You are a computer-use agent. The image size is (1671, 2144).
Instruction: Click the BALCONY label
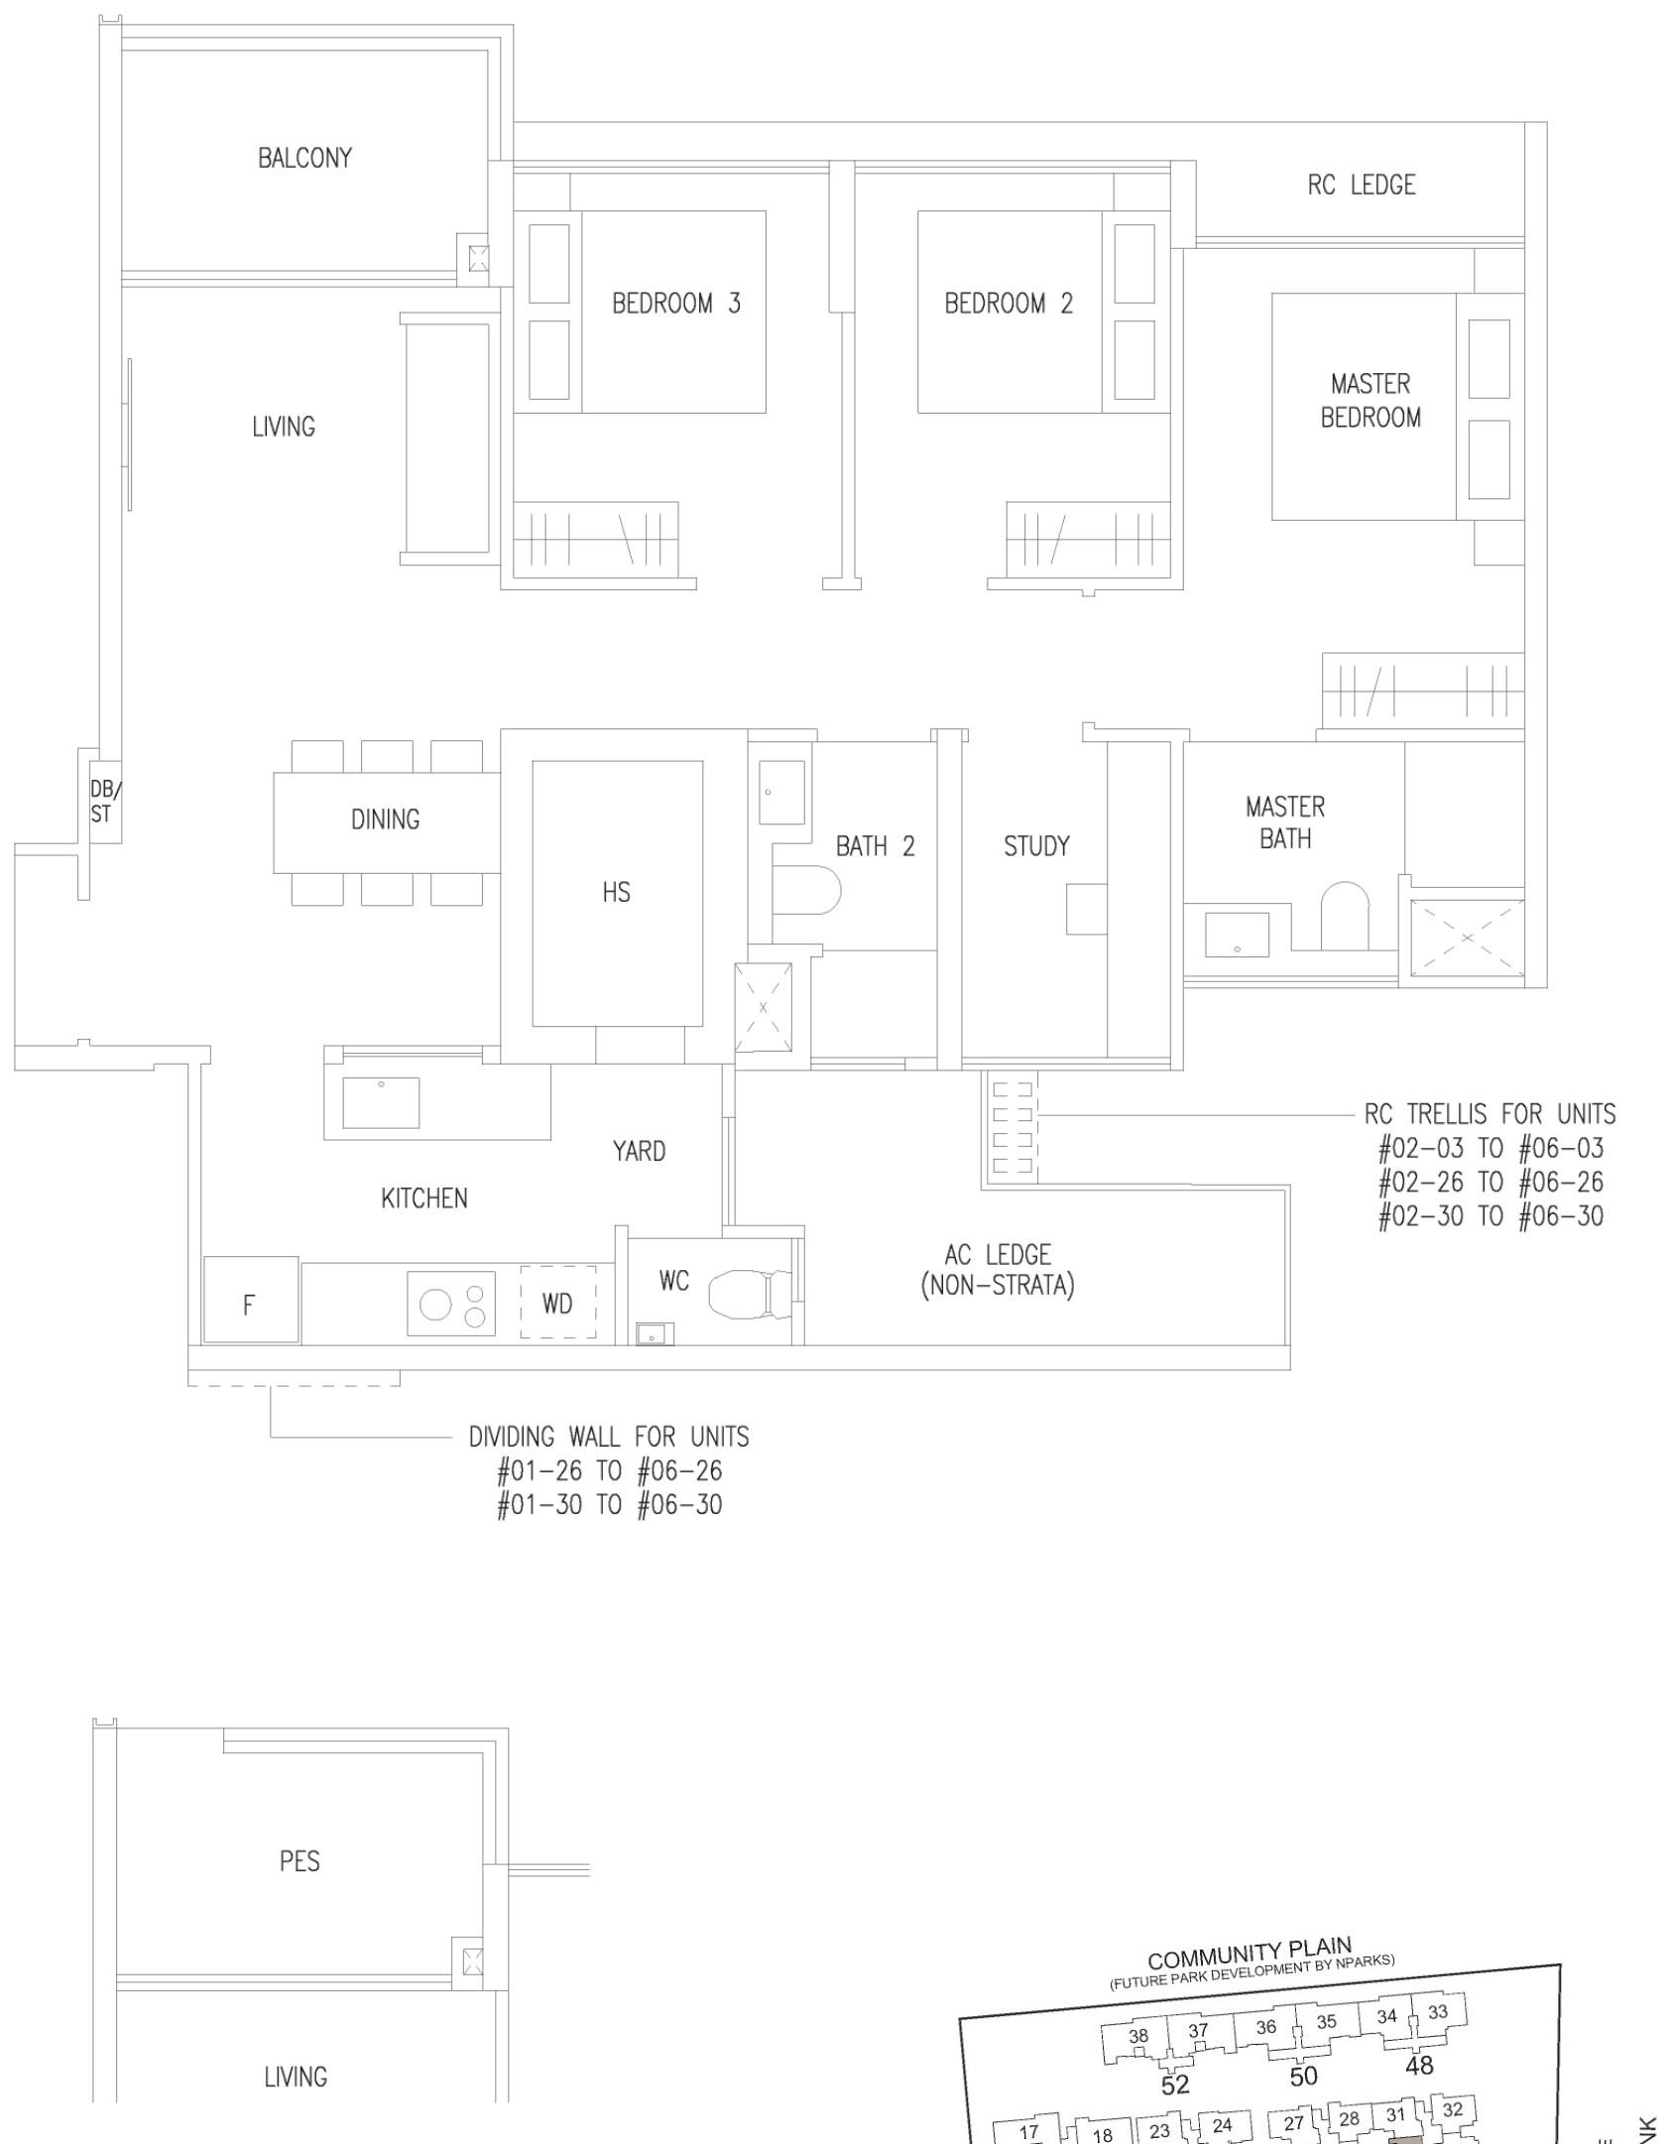[304, 158]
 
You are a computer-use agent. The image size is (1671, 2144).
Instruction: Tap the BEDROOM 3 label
[675, 304]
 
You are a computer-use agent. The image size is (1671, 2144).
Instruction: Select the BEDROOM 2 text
[1009, 304]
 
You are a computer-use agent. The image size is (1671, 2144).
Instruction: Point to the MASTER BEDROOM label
[1371, 401]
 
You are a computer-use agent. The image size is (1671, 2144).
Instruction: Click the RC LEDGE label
[1362, 185]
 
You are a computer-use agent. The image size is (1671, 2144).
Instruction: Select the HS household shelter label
[616, 893]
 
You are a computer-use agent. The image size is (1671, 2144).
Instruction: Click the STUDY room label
[1036, 846]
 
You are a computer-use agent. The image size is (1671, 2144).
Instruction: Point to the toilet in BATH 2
[806, 890]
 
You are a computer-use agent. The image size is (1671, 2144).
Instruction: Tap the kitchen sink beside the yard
[381, 1102]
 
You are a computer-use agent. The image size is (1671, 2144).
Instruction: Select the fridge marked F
[251, 1300]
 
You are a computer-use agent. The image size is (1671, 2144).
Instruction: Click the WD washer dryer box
[558, 1302]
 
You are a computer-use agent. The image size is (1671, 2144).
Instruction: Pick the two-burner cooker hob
[451, 1304]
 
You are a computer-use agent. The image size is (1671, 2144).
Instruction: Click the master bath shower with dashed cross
[1467, 938]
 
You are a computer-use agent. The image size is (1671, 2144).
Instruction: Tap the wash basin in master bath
[1237, 936]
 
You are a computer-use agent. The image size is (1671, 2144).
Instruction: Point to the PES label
[299, 1861]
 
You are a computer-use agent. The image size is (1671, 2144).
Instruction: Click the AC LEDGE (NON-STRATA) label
[998, 1271]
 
